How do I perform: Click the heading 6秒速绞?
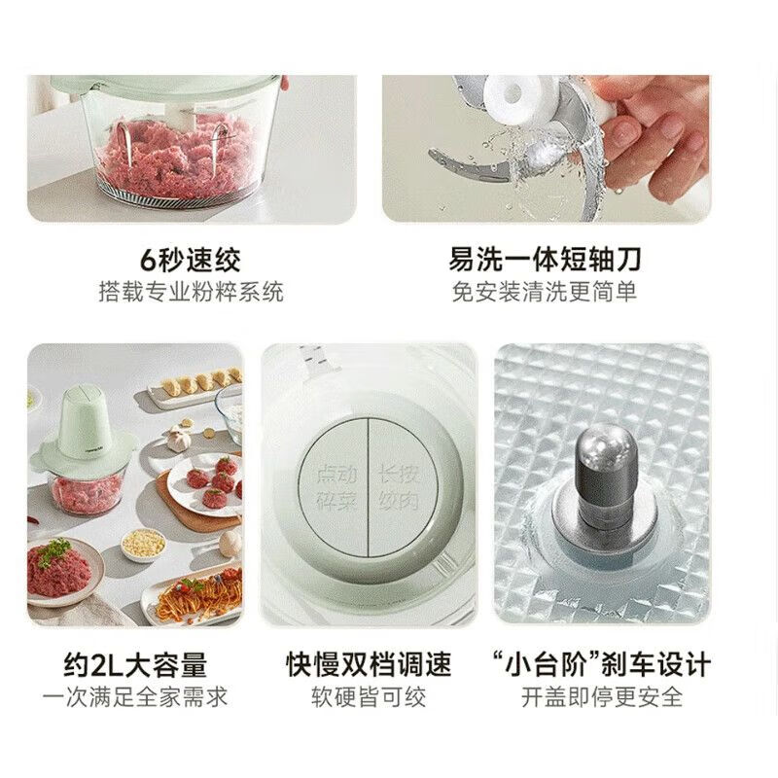[x=191, y=261]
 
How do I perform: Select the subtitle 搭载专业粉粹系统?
[x=191, y=292]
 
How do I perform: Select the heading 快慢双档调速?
[x=369, y=665]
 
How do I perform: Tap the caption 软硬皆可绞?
[x=369, y=696]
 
